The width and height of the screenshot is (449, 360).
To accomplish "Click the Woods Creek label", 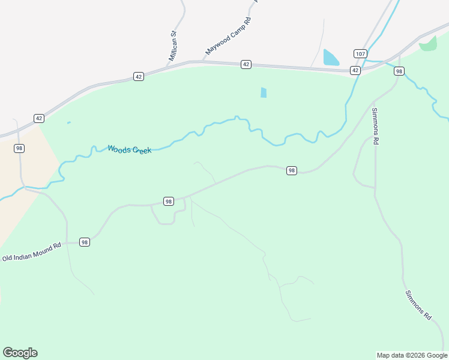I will (x=130, y=149).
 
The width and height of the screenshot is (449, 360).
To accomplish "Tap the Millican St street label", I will (x=173, y=46).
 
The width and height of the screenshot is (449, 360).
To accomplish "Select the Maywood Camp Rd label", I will (x=228, y=37).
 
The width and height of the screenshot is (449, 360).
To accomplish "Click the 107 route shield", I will (x=360, y=53).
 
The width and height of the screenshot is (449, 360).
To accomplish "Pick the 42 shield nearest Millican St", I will (x=139, y=77).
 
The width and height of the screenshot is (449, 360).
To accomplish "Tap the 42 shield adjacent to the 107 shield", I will (x=355, y=70).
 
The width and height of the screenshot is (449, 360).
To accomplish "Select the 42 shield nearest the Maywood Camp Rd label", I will (x=246, y=64).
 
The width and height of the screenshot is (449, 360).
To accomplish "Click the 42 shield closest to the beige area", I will (x=39, y=118).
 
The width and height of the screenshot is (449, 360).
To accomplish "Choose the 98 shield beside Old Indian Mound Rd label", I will (x=84, y=242).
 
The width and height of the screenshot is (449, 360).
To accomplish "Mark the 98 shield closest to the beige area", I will (x=19, y=148).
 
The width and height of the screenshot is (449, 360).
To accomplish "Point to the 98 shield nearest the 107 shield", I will (x=399, y=71).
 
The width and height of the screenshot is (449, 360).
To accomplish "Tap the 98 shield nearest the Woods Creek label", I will (x=169, y=202).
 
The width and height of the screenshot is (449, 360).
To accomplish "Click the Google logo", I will (x=20, y=353).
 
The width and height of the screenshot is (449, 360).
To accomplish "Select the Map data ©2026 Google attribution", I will (x=412, y=355).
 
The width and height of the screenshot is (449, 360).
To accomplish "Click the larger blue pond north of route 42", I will (x=331, y=58).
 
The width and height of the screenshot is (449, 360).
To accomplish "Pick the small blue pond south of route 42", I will (x=264, y=92).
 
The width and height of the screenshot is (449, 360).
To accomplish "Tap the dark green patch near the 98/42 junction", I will (x=429, y=43).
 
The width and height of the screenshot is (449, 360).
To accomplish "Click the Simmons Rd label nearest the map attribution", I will (x=418, y=304).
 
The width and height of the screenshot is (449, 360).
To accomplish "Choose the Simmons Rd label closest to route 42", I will (x=376, y=126).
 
